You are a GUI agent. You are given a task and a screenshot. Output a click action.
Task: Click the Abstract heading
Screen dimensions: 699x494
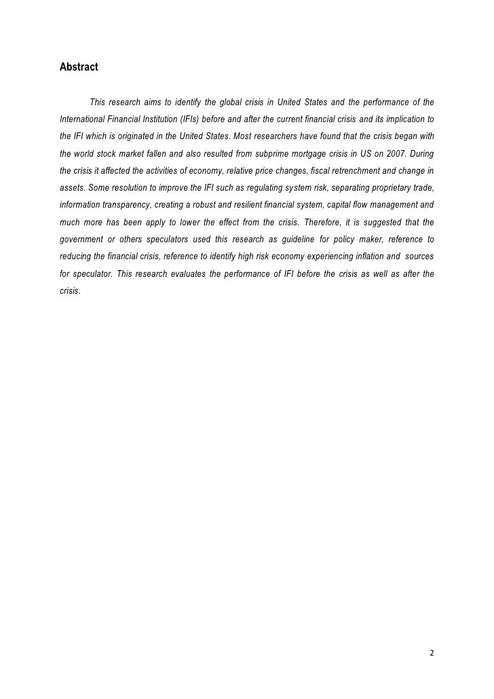[x=79, y=67]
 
